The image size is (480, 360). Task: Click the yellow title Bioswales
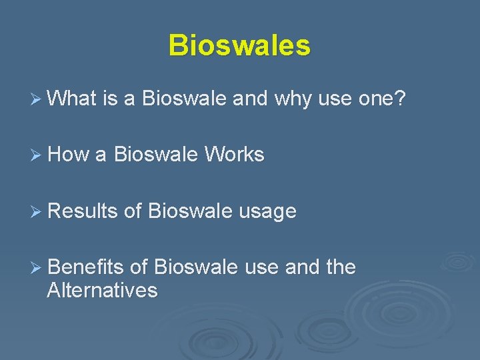coord(239,46)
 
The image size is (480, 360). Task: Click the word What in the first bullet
coord(73,99)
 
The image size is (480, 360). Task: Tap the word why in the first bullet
coord(293,99)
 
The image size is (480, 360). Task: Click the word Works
coord(234,155)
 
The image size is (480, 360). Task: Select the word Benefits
coord(86,267)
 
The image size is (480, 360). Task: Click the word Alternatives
coord(102,291)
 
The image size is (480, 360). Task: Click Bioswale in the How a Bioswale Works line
coord(155,155)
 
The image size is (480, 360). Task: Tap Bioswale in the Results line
coord(190,211)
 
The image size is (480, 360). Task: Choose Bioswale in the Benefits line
coord(195,267)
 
